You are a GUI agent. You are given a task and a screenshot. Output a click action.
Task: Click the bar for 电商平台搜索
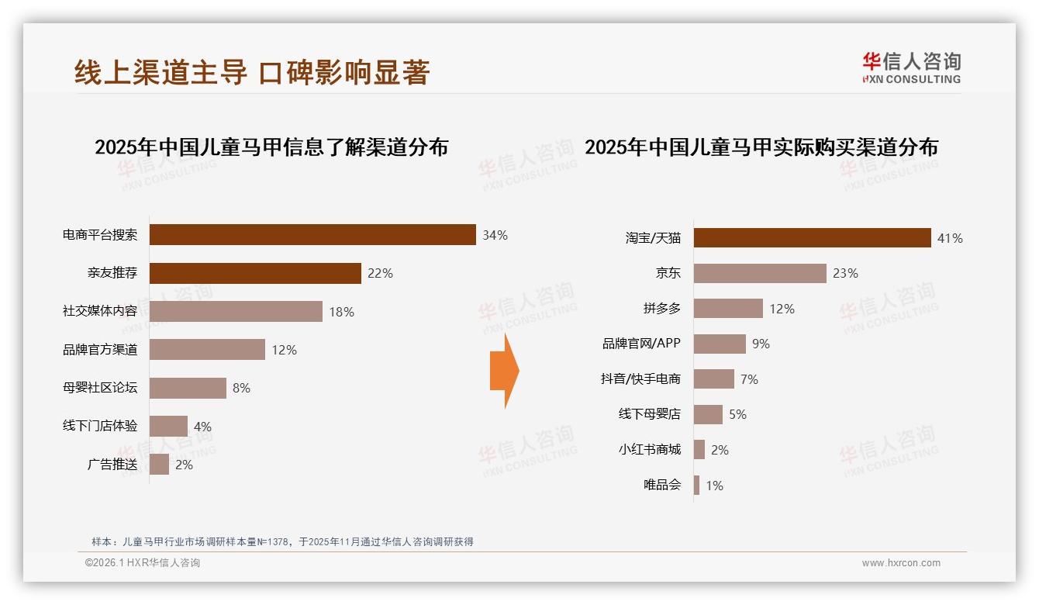click(312, 235)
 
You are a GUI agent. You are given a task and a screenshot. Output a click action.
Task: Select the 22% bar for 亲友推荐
click(255, 273)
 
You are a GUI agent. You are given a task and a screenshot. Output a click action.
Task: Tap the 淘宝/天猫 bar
click(812, 238)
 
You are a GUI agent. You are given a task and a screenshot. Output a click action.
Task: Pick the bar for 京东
click(760, 273)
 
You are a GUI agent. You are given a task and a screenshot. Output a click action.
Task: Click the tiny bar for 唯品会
click(696, 486)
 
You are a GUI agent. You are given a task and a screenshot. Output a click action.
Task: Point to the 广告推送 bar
click(159, 465)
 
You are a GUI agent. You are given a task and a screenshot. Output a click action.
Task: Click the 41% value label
click(949, 239)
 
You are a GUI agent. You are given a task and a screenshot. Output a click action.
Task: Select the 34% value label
click(495, 235)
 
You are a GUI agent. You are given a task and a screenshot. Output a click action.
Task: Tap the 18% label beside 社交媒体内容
click(341, 312)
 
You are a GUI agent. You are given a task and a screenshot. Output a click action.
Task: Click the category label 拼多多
click(661, 309)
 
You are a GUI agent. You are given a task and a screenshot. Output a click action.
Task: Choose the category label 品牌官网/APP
click(641, 344)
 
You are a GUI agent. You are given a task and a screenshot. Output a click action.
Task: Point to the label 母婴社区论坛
click(100, 388)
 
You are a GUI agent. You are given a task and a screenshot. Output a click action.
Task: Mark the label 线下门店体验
click(100, 426)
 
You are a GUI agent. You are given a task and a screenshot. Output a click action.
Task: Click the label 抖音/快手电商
click(640, 379)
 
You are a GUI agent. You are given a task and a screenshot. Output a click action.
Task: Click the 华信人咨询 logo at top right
click(911, 68)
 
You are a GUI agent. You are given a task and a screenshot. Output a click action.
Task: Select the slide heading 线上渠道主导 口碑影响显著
click(252, 73)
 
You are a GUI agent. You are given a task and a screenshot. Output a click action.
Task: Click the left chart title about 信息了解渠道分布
click(271, 147)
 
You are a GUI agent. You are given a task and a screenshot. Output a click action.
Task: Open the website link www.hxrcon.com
click(900, 563)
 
